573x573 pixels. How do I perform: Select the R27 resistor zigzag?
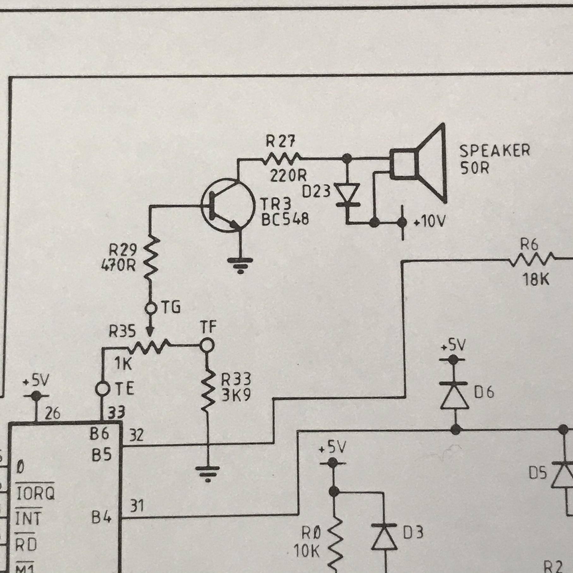tap(281, 159)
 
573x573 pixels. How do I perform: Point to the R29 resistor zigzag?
tap(151, 258)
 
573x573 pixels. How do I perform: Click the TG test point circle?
tap(151, 307)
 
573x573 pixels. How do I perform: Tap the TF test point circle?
tap(207, 345)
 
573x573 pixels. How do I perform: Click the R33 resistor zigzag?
tap(208, 391)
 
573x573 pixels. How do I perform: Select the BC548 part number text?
tap(285, 220)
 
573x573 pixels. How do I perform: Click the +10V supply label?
tap(429, 222)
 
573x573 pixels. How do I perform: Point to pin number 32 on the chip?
tap(136, 435)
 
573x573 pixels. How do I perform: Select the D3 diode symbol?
tap(384, 536)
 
